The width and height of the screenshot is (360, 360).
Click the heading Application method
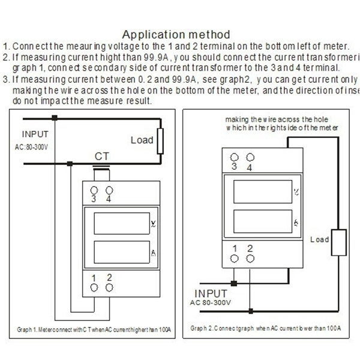[x=176, y=34]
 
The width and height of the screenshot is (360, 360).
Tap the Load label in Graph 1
[x=142, y=140]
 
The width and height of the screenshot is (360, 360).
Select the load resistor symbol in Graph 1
[x=160, y=141]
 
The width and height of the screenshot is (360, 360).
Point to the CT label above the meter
[x=102, y=157]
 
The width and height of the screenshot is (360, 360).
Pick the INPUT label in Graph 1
[x=35, y=134]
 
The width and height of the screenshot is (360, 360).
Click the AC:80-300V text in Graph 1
[x=37, y=146]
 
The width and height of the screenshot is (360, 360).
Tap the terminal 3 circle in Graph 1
[x=94, y=190]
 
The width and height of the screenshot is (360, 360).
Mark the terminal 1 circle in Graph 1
[x=94, y=287]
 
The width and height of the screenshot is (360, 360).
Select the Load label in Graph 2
[x=320, y=239]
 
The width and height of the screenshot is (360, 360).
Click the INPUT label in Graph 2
[x=211, y=294]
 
